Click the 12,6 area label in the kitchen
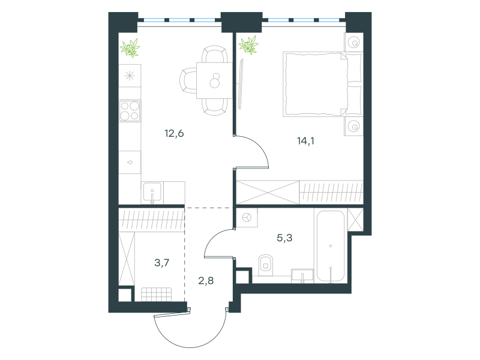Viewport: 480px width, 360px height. click(174, 133)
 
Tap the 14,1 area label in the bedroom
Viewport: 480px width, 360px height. click(305, 141)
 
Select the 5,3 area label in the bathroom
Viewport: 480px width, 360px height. click(284, 238)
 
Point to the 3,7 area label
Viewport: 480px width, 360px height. click(161, 263)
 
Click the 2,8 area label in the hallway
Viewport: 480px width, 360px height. click(206, 280)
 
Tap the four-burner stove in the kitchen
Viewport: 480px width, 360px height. click(130, 110)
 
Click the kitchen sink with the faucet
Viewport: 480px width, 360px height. click(152, 193)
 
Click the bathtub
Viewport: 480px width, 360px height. click(331, 246)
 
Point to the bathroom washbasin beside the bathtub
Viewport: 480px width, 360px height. click(302, 276)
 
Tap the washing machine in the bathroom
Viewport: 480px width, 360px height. click(247, 218)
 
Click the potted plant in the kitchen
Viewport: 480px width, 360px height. click(130, 48)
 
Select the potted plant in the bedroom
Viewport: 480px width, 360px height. click(248, 45)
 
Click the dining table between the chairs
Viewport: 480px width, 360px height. click(214, 80)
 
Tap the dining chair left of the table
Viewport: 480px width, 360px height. click(188, 80)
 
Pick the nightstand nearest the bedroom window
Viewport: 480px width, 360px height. click(353, 42)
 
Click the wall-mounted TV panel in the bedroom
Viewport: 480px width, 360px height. click(241, 84)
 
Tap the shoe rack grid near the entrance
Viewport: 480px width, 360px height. click(157, 294)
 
